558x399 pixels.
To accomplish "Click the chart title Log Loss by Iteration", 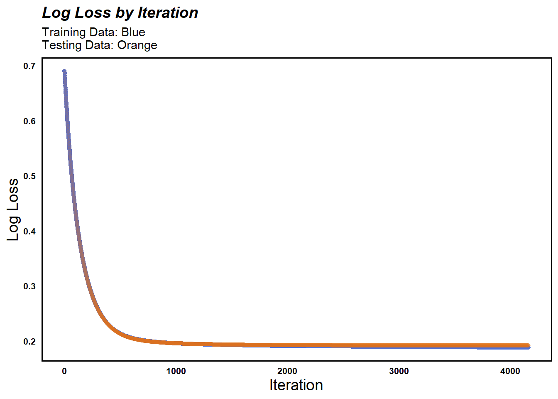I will [x=120, y=13].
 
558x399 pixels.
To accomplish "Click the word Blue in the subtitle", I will [x=133, y=32].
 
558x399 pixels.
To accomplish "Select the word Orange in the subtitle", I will [x=137, y=45].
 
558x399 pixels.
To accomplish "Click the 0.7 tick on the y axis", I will [x=29, y=66].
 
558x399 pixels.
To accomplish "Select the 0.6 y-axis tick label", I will [x=29, y=121].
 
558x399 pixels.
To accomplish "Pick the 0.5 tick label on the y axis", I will [x=29, y=176].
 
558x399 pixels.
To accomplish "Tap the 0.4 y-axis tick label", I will [x=29, y=232].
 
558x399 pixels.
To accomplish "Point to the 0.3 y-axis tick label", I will [x=29, y=286].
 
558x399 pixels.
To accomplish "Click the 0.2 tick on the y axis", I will [x=29, y=342].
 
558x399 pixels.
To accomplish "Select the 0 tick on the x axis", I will [x=64, y=371].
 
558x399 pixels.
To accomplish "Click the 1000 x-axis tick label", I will [x=176, y=371].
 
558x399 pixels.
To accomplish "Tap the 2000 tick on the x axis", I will [x=287, y=371].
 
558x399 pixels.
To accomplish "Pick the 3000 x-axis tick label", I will [x=399, y=371].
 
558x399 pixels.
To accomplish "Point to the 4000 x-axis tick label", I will [x=510, y=371].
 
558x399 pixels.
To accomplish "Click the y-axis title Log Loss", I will [x=13, y=209].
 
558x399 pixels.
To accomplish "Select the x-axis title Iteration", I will [x=296, y=385].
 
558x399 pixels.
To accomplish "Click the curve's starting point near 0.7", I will [x=64, y=71].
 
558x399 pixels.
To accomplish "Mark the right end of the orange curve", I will [x=528, y=345].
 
